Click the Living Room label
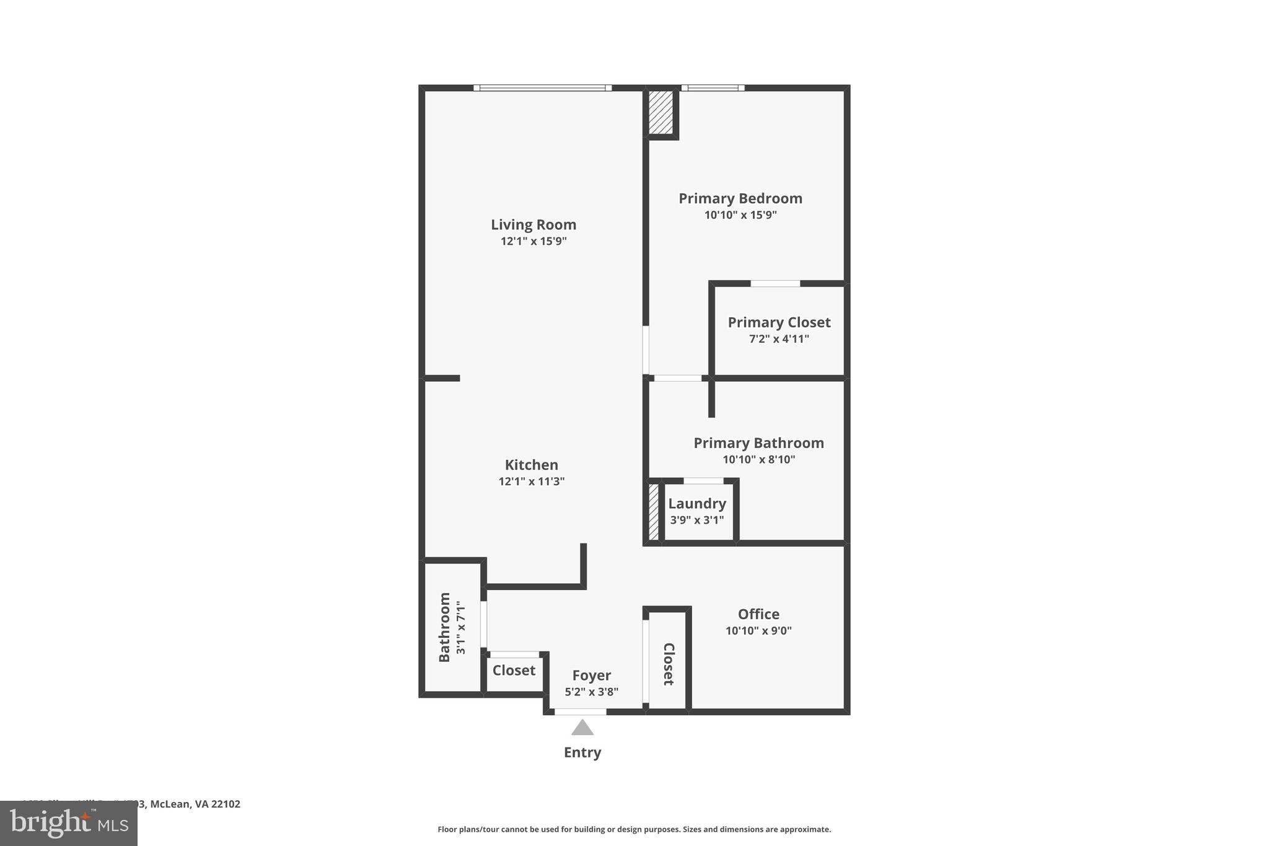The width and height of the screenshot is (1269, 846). pyautogui.click(x=534, y=224)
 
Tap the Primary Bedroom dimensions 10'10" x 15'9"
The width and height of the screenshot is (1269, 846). pyautogui.click(x=740, y=215)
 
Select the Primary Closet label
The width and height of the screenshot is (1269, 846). pyautogui.click(x=779, y=322)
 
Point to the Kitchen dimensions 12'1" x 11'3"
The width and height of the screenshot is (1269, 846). pyautogui.click(x=531, y=482)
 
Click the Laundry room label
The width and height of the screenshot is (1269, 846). pyautogui.click(x=696, y=504)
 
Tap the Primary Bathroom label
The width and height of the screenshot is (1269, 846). pyautogui.click(x=758, y=443)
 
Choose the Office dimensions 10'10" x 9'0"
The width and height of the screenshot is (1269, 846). pyautogui.click(x=758, y=631)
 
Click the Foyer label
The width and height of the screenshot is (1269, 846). pyautogui.click(x=591, y=676)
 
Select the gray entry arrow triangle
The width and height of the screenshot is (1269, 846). pyautogui.click(x=582, y=728)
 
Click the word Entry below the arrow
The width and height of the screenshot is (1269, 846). pyautogui.click(x=582, y=752)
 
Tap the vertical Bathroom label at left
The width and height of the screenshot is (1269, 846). pyautogui.click(x=444, y=627)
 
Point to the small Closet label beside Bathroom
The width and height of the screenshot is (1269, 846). pyautogui.click(x=514, y=671)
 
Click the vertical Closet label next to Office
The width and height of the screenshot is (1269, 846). pyautogui.click(x=669, y=664)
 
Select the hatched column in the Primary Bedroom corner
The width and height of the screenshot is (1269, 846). pyautogui.click(x=661, y=112)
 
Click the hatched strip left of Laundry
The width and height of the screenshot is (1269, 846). pyautogui.click(x=654, y=512)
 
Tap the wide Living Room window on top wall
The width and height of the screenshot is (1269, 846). pyautogui.click(x=542, y=88)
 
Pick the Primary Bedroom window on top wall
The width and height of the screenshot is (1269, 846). pyautogui.click(x=713, y=88)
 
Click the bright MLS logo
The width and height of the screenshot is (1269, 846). pyautogui.click(x=69, y=824)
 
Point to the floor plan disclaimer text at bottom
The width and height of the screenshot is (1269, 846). pyautogui.click(x=634, y=829)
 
